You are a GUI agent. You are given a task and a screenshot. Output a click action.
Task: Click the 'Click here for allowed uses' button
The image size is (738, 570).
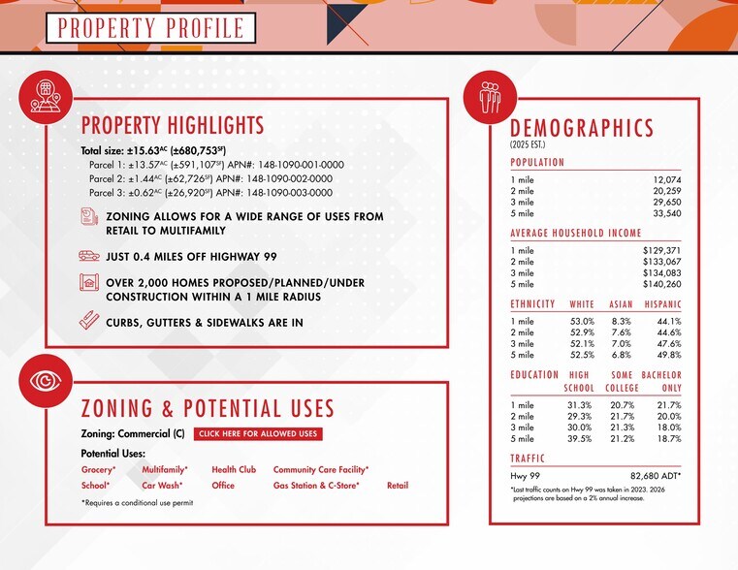[257, 434]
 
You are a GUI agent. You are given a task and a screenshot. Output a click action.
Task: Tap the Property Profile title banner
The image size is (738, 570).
[149, 27]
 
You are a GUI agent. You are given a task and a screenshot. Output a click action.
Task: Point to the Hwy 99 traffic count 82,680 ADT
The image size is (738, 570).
[656, 476]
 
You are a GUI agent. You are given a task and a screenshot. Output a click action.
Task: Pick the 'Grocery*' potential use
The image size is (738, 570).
[98, 469]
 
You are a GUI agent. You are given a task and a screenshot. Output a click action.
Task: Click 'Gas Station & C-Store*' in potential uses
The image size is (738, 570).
[316, 486]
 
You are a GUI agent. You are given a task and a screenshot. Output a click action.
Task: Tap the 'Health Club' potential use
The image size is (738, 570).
[234, 469]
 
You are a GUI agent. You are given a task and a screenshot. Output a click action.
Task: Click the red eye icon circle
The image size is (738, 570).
[46, 378]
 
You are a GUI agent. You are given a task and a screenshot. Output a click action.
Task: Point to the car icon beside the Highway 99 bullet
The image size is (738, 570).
[88, 257]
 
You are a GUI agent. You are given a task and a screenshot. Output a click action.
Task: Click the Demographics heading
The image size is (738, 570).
[582, 129]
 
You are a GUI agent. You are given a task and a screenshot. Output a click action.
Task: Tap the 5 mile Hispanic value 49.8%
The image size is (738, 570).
[668, 355]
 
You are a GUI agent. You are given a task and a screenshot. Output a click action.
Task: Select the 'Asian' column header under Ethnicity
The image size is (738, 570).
[621, 303]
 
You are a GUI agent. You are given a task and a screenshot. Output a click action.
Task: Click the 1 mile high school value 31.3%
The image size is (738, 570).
[580, 405]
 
